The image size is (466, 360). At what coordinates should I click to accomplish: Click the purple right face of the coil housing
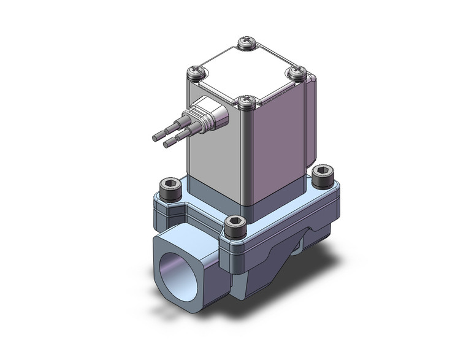[276, 147]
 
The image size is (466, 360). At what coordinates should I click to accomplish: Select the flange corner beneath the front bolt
[237, 251]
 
